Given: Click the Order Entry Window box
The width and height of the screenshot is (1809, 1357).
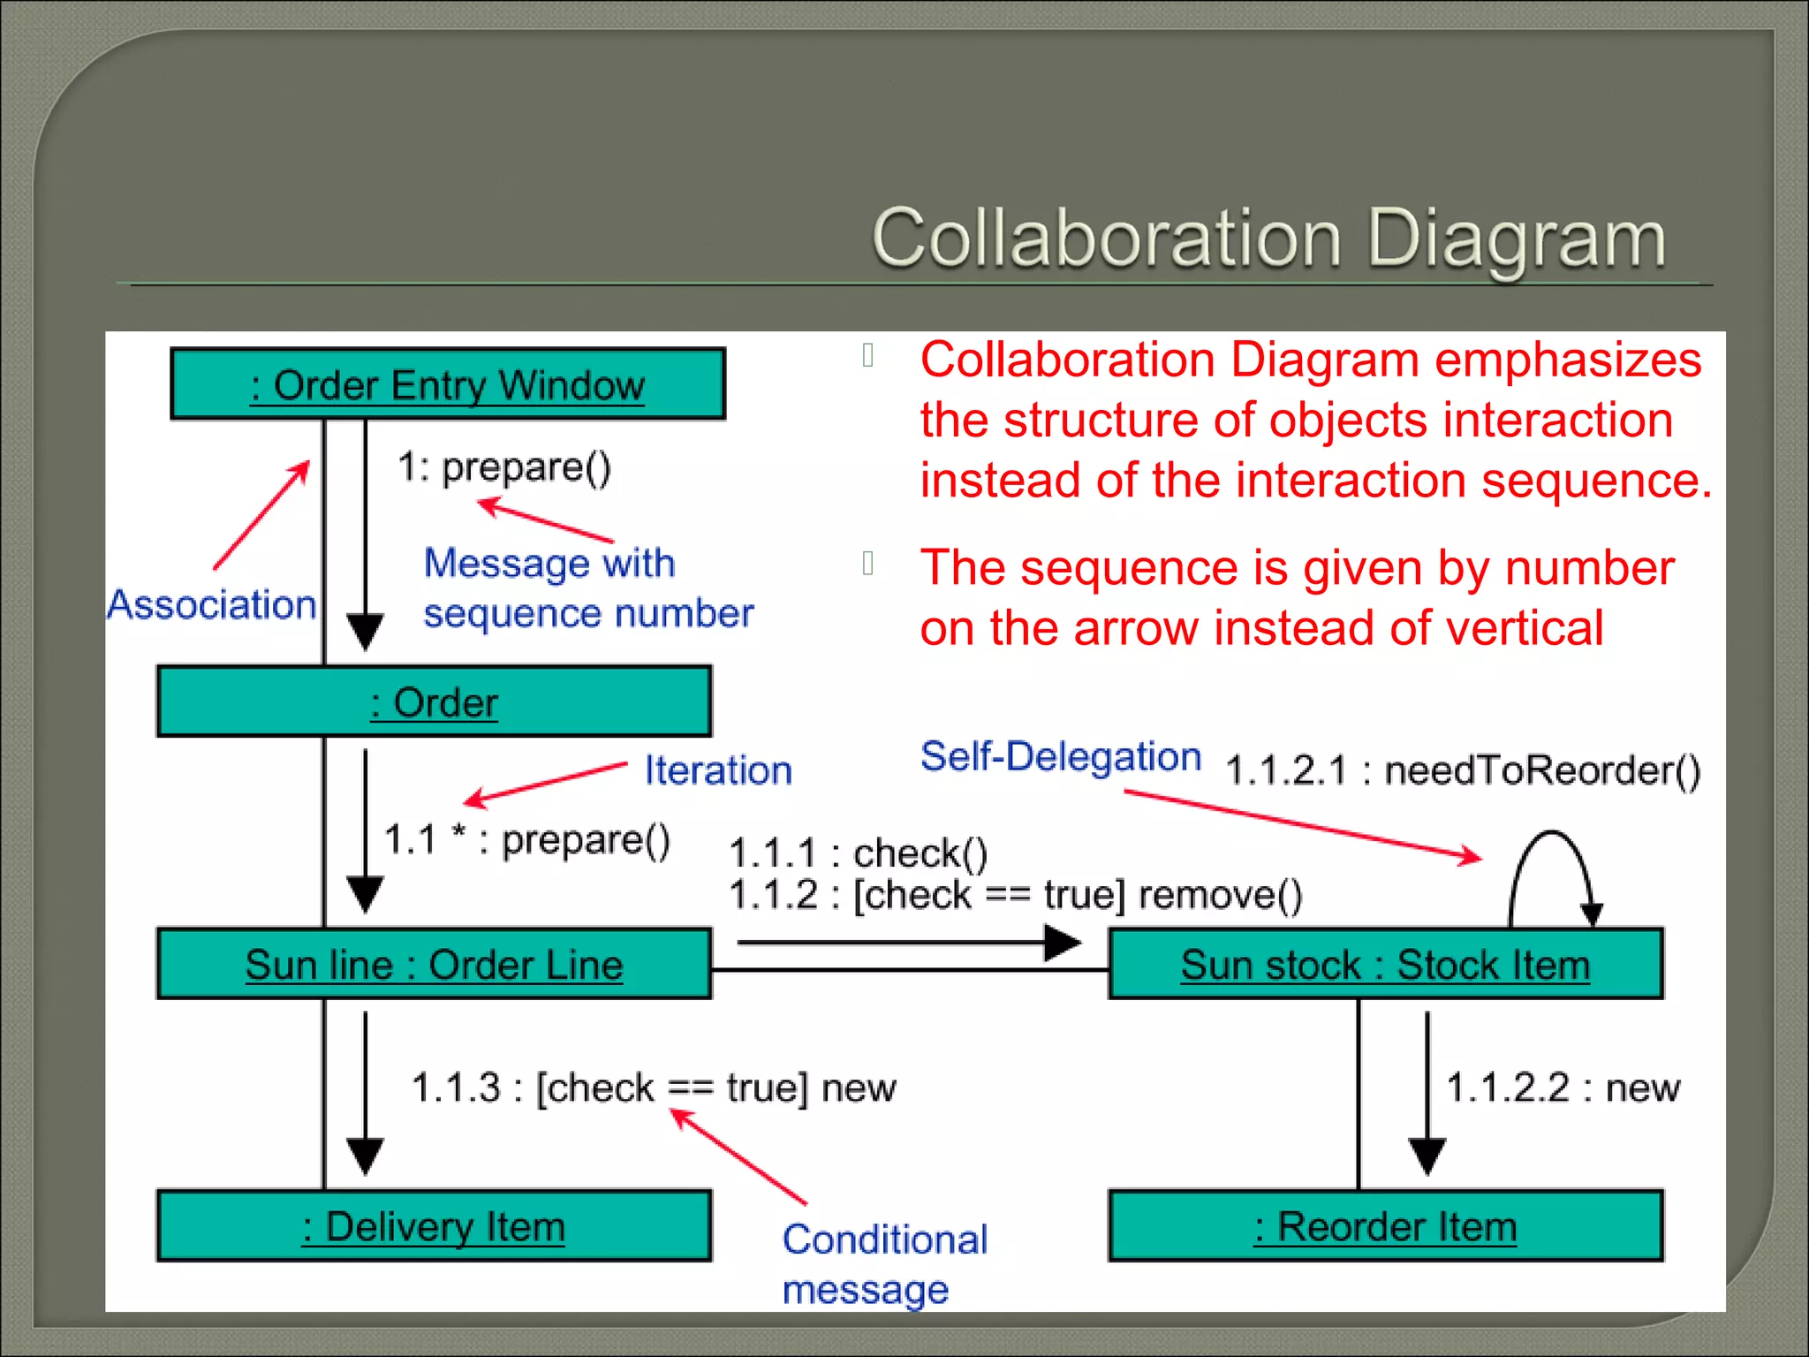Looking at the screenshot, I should (448, 384).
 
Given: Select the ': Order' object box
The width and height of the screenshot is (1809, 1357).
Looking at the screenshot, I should (434, 702).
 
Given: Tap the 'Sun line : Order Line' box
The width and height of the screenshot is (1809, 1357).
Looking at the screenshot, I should (434, 964).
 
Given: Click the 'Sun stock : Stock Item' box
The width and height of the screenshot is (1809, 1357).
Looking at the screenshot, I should (1385, 964).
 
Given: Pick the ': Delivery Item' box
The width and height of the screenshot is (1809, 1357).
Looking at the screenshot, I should (434, 1226).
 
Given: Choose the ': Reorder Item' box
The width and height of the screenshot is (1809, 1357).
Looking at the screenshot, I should (1385, 1226).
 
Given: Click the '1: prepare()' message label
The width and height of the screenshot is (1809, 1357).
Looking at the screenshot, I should (503, 467).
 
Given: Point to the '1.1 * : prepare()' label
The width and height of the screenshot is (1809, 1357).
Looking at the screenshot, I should (527, 839).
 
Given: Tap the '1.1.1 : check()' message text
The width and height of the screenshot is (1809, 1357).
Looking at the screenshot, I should (858, 853).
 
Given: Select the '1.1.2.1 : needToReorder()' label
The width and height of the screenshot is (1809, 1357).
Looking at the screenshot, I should (1463, 770).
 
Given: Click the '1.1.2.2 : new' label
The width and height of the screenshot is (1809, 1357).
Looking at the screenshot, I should (1563, 1088).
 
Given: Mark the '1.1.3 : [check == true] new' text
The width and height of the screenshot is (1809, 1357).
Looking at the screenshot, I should (654, 1088).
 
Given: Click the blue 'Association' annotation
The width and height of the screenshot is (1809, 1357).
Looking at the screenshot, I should (212, 605).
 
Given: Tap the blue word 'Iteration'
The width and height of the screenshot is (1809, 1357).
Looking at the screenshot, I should (718, 770).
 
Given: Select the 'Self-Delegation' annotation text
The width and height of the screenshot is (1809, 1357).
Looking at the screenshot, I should (1061, 757).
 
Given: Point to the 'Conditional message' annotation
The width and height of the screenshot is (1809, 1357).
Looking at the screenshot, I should (883, 1263).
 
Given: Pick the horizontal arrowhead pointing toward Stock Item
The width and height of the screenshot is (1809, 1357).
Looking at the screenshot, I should (1063, 943).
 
